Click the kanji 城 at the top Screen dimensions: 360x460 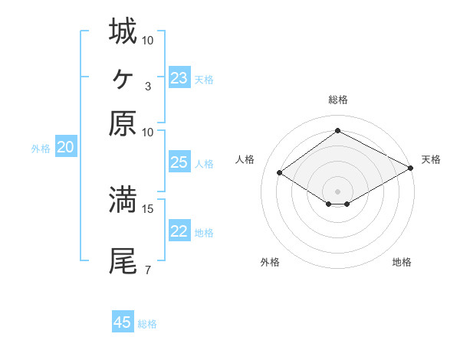[x=123, y=31]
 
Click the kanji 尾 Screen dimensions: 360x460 [x=123, y=260]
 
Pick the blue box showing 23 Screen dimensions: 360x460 [x=179, y=78]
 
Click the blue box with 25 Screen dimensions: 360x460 [x=179, y=162]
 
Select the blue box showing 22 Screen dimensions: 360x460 [x=179, y=232]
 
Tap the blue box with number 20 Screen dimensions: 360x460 [x=66, y=148]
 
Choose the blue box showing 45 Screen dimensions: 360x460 [x=123, y=322]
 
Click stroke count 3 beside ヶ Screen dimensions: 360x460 [x=147, y=86]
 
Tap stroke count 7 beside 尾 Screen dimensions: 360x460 [x=147, y=270]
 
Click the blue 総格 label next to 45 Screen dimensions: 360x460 [x=147, y=324]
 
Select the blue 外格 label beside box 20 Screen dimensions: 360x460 [x=41, y=149]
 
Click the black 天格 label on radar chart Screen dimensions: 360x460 [x=431, y=159]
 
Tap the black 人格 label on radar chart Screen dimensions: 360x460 [x=245, y=159]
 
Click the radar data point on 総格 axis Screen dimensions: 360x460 [x=337, y=131]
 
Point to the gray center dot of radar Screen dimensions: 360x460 [x=337, y=191]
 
